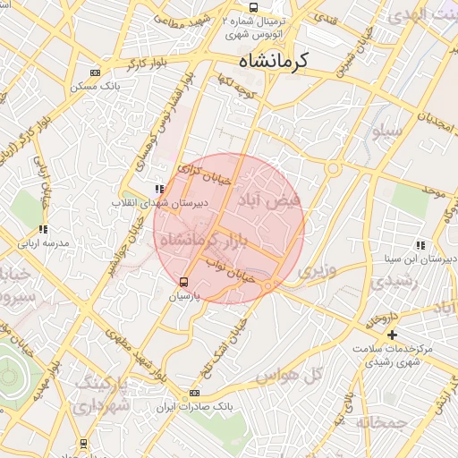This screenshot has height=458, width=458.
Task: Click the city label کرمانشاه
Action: tap(273, 61)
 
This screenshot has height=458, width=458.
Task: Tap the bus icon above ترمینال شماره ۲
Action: tap(254, 8)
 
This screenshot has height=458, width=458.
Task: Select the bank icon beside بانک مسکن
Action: tap(95, 73)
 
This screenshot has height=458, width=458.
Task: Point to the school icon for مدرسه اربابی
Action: tap(44, 230)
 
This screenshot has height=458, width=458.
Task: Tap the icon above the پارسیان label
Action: tap(184, 282)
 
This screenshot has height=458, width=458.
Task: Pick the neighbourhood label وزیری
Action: tap(317, 269)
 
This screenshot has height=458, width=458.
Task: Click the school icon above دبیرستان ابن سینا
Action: tap(420, 245)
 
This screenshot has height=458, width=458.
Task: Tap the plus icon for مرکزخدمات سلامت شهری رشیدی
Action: tap(393, 334)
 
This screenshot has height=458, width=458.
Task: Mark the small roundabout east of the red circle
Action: tap(333, 168)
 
